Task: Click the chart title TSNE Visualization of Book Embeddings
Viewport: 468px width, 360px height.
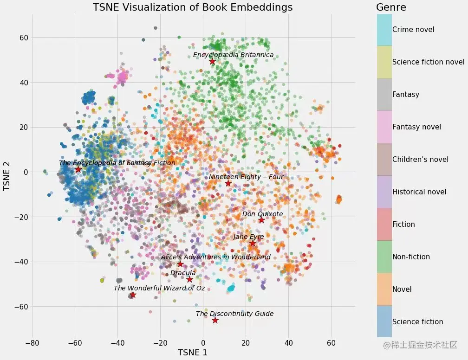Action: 193,7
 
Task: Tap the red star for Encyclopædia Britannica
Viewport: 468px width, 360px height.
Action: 212,62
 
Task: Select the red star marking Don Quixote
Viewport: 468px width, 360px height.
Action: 261,220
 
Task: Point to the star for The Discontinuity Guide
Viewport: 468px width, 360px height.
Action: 215,320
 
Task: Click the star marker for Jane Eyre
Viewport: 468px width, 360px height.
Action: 253,243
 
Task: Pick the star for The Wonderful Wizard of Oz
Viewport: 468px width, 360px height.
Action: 133,295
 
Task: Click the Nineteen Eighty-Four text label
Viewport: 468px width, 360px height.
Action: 246,177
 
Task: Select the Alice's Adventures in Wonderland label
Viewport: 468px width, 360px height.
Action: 215,257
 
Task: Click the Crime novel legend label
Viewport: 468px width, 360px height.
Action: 413,30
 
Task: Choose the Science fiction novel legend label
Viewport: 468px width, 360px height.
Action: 428,62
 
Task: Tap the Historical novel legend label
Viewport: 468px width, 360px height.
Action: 419,192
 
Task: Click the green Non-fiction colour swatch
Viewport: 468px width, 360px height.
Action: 383,257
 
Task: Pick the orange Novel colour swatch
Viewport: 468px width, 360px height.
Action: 383,289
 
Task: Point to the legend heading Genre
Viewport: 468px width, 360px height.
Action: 391,7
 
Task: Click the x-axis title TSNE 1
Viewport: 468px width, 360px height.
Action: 193,353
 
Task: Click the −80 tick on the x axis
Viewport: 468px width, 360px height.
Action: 32,343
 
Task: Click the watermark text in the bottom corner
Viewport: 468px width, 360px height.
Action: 420,345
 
